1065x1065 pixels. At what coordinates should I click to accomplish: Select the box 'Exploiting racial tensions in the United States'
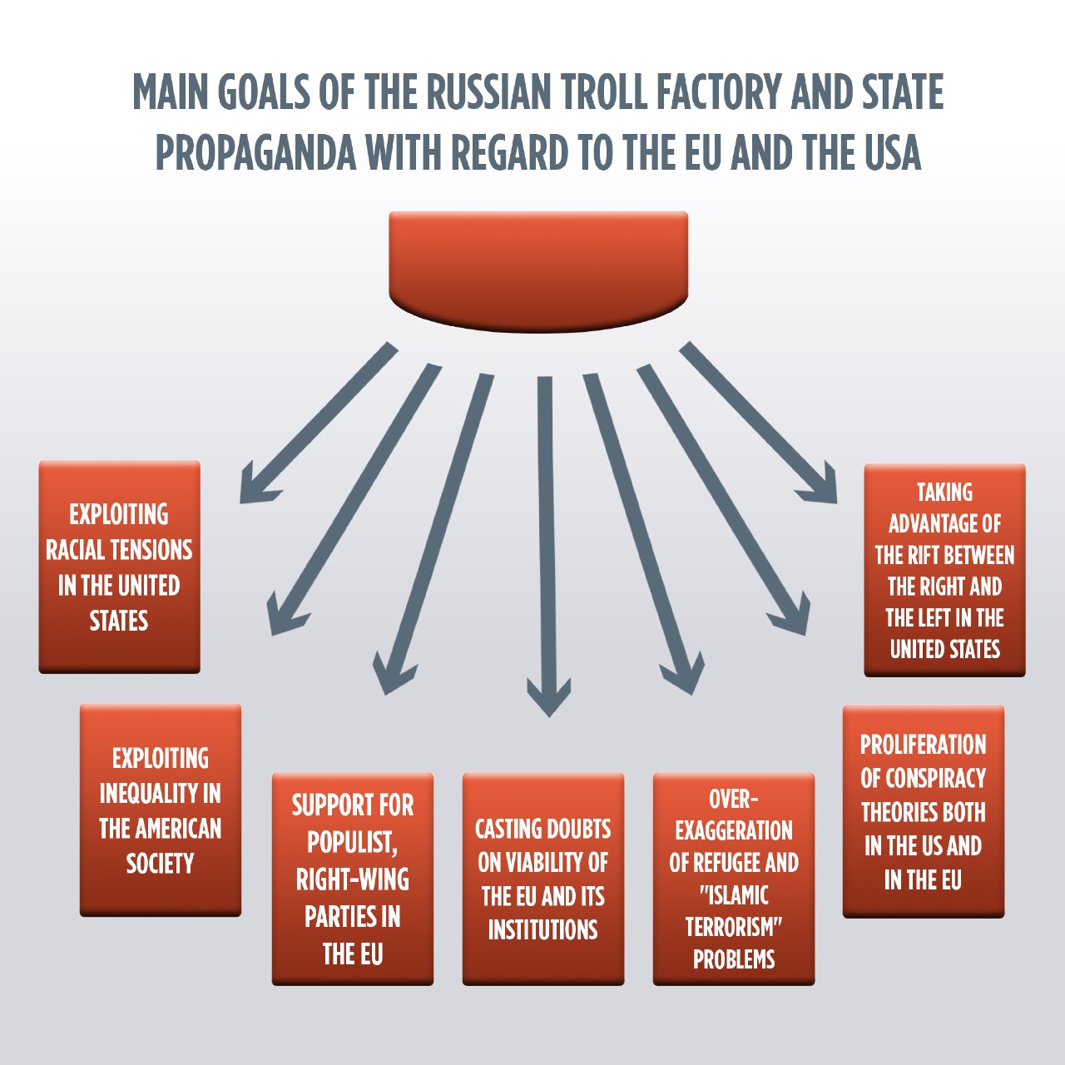(119, 567)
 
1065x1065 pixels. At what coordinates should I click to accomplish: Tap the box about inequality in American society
(161, 810)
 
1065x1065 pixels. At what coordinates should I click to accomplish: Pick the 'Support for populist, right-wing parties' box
(353, 879)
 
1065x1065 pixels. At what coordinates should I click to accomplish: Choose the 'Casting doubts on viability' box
(543, 879)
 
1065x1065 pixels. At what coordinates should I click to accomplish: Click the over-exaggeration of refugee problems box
(734, 879)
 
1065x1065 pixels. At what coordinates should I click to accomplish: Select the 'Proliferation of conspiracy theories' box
(924, 811)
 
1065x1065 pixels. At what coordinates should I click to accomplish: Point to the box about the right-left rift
(944, 570)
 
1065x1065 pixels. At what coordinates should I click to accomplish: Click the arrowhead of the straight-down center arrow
(548, 699)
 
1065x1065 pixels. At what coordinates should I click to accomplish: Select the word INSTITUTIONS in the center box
(543, 929)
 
